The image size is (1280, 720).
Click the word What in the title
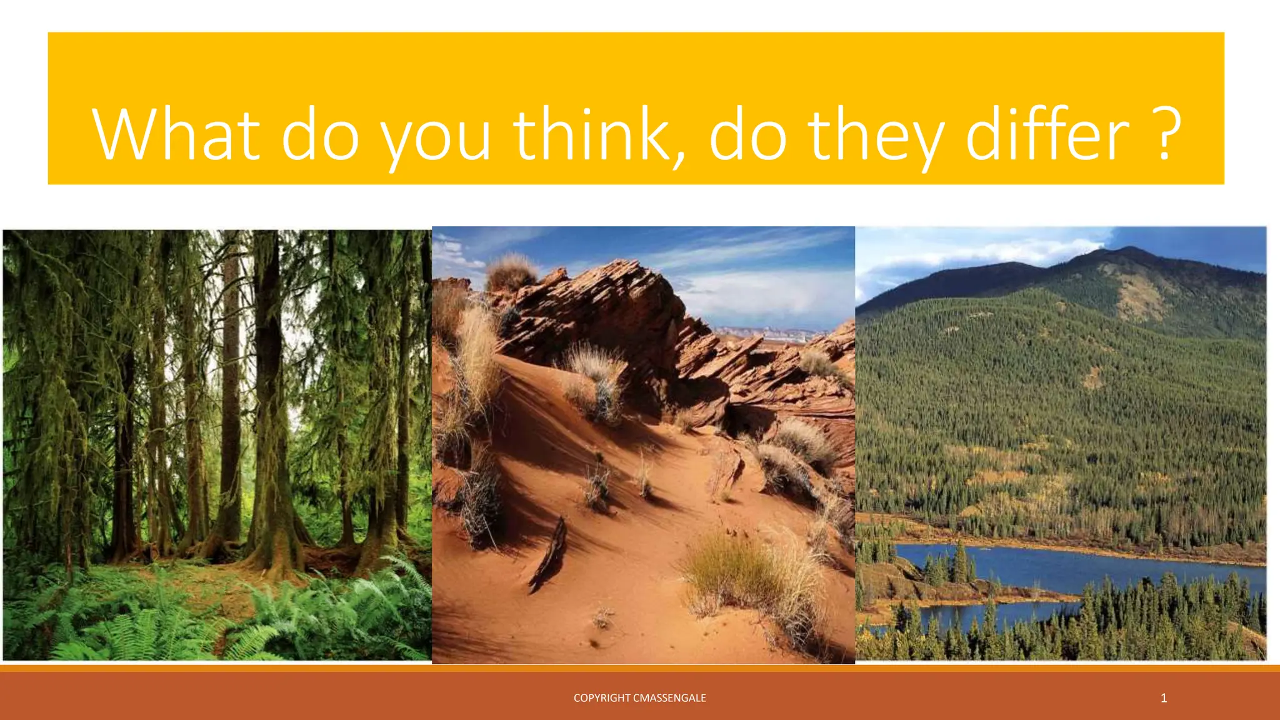pyautogui.click(x=176, y=134)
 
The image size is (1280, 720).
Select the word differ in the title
pyautogui.click(x=1048, y=134)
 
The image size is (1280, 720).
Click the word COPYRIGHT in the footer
pyautogui.click(x=602, y=698)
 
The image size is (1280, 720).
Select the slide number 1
pyautogui.click(x=1164, y=698)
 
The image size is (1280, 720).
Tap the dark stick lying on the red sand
pyautogui.click(x=550, y=553)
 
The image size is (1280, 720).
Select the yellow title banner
pyautogui.click(x=636, y=62)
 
